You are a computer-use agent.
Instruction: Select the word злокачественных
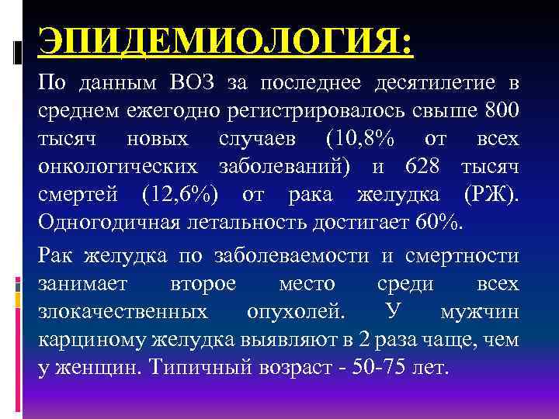click(x=123, y=312)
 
